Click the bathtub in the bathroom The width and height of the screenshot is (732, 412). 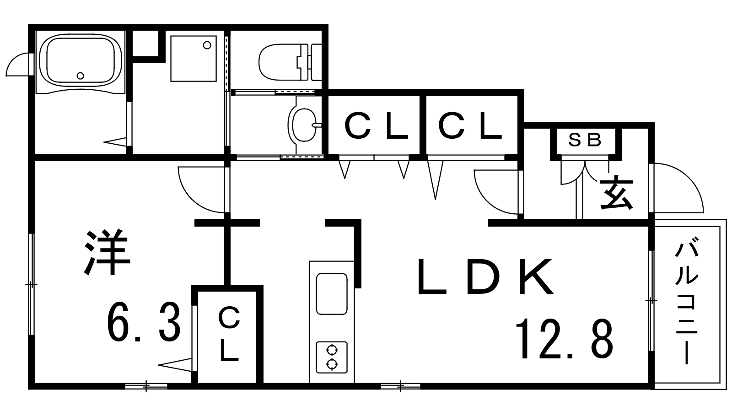[x=81, y=62]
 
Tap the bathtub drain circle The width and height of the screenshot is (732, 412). [x=81, y=76]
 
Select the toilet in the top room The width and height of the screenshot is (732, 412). [x=290, y=62]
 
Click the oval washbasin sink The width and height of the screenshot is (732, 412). [x=302, y=125]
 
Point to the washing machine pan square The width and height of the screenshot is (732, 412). [x=194, y=59]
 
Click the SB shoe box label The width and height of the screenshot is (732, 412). [x=585, y=140]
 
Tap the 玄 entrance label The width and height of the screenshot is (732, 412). [x=617, y=192]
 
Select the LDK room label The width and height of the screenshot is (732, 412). [x=485, y=276]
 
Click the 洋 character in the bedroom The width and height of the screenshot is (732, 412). [x=107, y=252]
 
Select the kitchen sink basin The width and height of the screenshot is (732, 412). [x=332, y=293]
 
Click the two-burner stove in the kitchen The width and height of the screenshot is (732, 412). [x=332, y=357]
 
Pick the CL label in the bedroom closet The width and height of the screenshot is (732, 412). [x=229, y=334]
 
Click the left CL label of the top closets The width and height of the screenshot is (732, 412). [x=376, y=125]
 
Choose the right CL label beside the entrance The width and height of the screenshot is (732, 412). [x=470, y=125]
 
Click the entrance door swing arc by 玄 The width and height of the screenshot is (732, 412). [x=678, y=188]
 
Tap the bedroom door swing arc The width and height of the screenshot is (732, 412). [x=203, y=190]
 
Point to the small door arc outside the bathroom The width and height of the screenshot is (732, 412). [x=18, y=65]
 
